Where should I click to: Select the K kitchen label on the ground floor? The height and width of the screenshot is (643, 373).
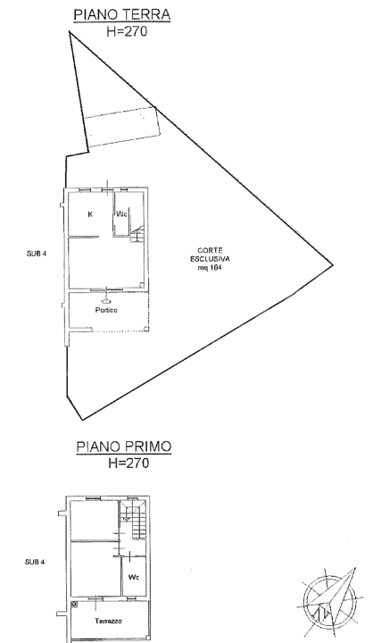tap(90, 214)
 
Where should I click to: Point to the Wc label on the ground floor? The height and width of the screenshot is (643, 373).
tap(123, 214)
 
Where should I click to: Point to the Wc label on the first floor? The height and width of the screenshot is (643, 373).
tap(134, 576)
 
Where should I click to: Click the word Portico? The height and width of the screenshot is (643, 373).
tap(107, 310)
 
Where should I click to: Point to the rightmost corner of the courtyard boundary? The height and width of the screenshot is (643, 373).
tap(336, 263)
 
